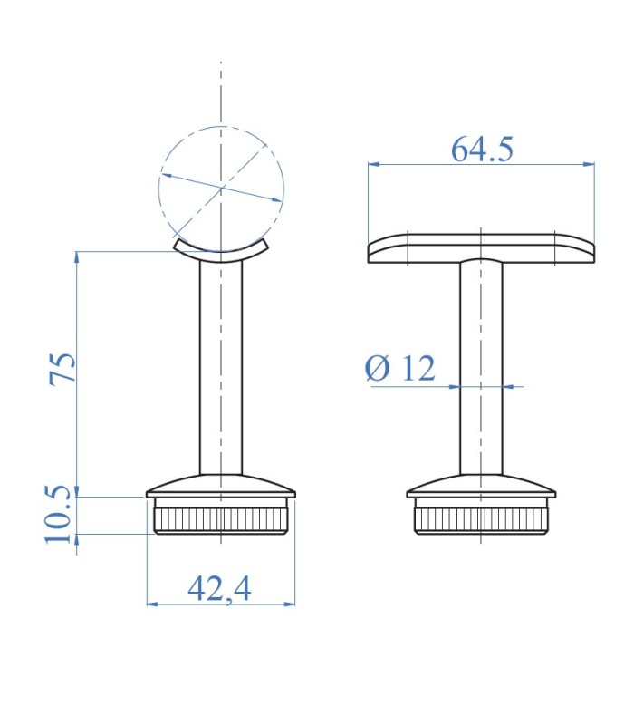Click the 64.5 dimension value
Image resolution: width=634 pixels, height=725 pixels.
pos(482,149)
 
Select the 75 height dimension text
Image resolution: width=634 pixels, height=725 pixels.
pos(62,368)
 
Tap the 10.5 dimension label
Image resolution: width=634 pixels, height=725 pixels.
pos(59,515)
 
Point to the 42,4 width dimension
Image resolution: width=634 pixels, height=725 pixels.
pos(219,588)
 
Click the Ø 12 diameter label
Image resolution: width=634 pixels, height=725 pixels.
pos(400,368)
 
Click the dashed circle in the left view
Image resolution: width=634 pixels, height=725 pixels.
pos(158,189)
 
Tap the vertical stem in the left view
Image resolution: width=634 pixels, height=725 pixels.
pos(221,368)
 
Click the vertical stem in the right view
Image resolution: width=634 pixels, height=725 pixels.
pos(481,368)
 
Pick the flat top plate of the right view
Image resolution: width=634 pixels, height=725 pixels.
pos(481,248)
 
